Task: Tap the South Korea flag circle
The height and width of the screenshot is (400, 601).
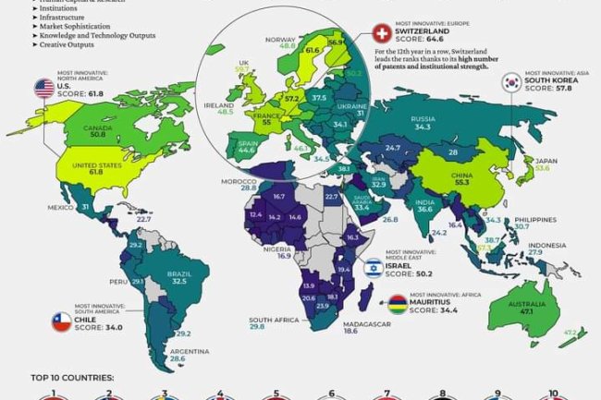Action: tap(511, 82)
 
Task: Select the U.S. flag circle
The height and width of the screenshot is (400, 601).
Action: tap(43, 88)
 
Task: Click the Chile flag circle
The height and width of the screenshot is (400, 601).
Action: tap(59, 322)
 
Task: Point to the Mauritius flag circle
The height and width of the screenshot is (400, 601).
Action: tap(397, 300)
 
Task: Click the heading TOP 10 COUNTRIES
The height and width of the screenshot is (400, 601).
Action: tap(70, 378)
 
